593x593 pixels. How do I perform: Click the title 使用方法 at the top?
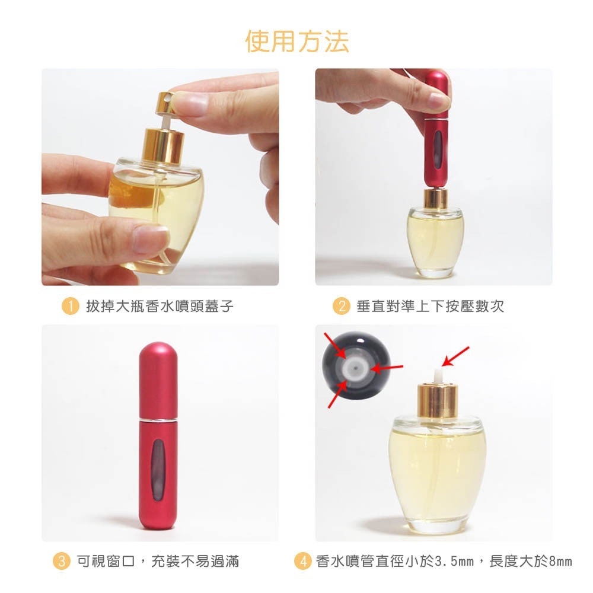pos(297,41)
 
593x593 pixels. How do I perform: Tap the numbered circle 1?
pos(70,307)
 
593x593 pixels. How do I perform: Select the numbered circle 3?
pos(61,560)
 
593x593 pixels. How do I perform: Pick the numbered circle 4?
pos(303,560)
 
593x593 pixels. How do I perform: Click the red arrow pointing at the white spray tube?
pos(456,356)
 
